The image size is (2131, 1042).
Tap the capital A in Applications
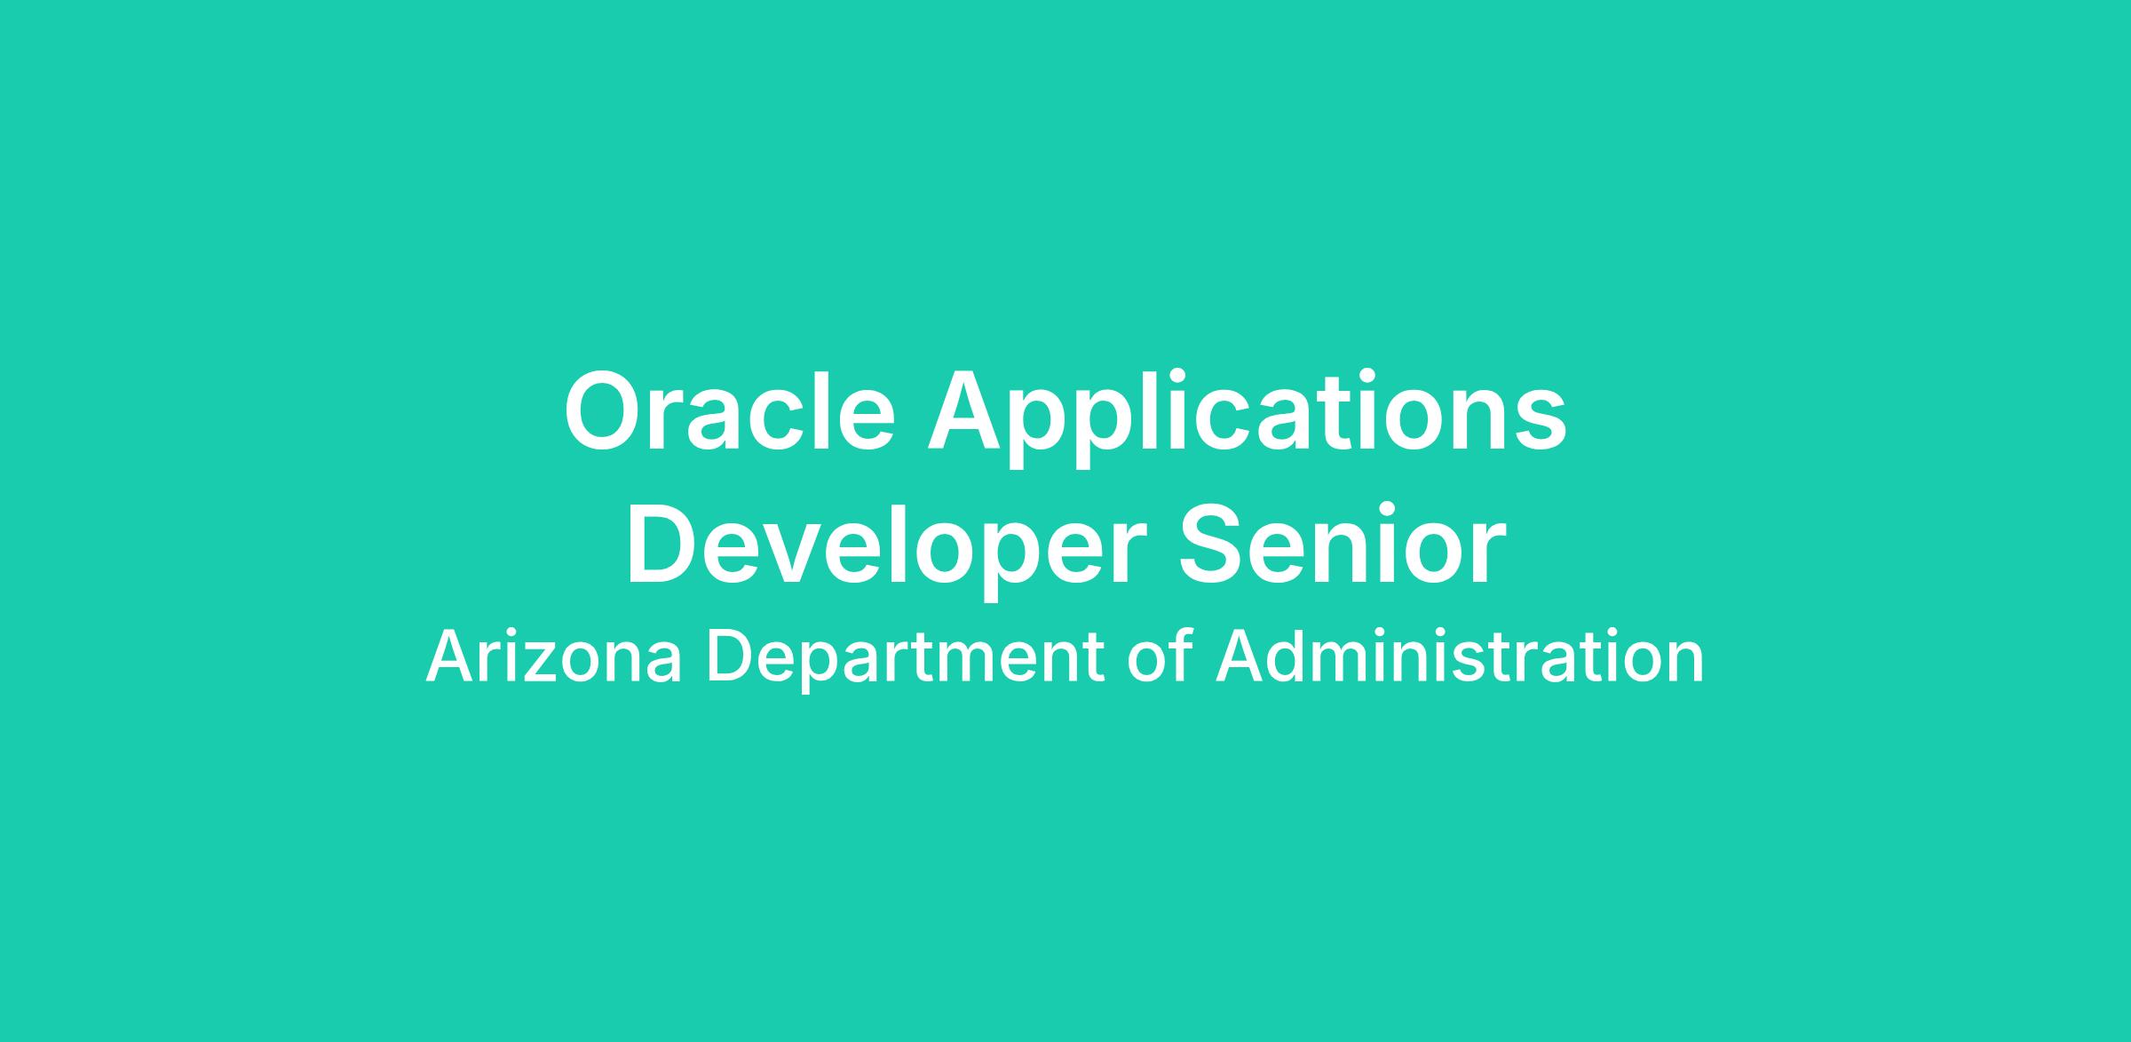pos(969,410)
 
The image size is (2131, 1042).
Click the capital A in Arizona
pos(451,656)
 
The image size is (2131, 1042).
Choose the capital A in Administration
pos(1240,656)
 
